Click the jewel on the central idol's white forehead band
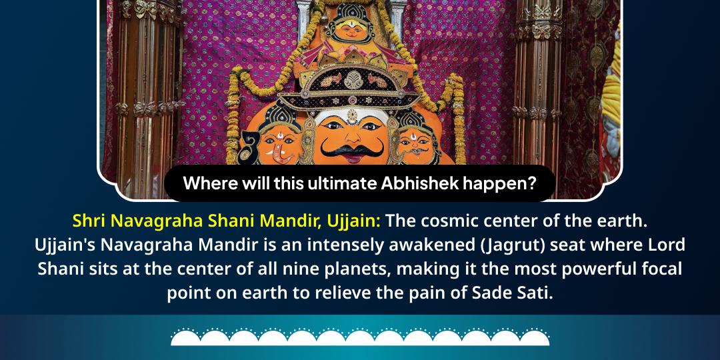[352, 112]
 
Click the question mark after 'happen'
[531, 183]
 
